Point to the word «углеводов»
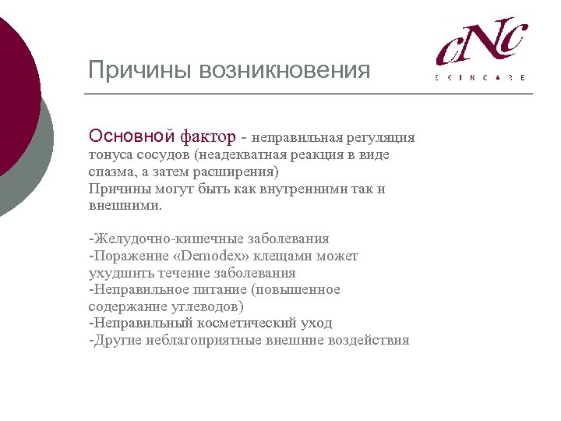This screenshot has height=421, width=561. [x=205, y=306]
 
